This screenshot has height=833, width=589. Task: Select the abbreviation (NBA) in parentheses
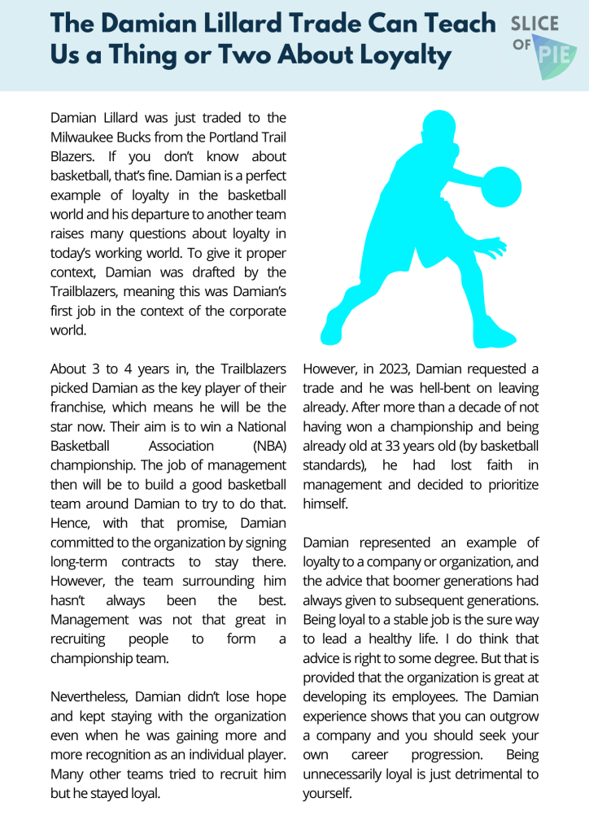(268, 447)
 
